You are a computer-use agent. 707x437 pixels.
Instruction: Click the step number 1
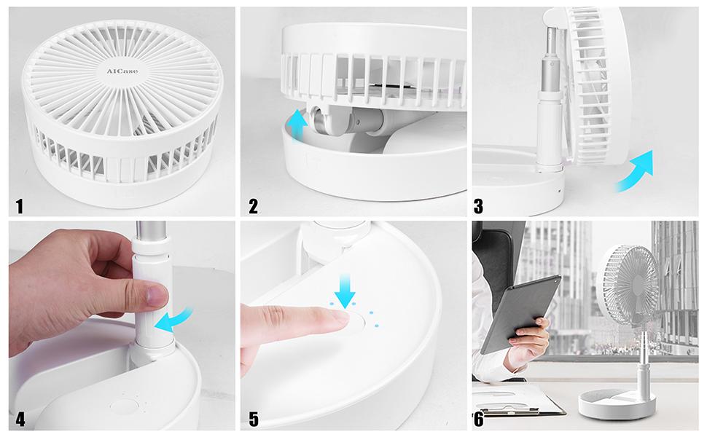[19, 206]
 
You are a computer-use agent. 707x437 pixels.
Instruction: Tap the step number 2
[253, 206]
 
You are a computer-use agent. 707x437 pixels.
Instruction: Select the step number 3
[479, 206]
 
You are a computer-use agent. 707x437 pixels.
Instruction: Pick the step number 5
[253, 420]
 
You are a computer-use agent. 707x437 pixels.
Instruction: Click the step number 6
[478, 420]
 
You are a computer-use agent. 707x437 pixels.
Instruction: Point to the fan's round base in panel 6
[614, 402]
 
